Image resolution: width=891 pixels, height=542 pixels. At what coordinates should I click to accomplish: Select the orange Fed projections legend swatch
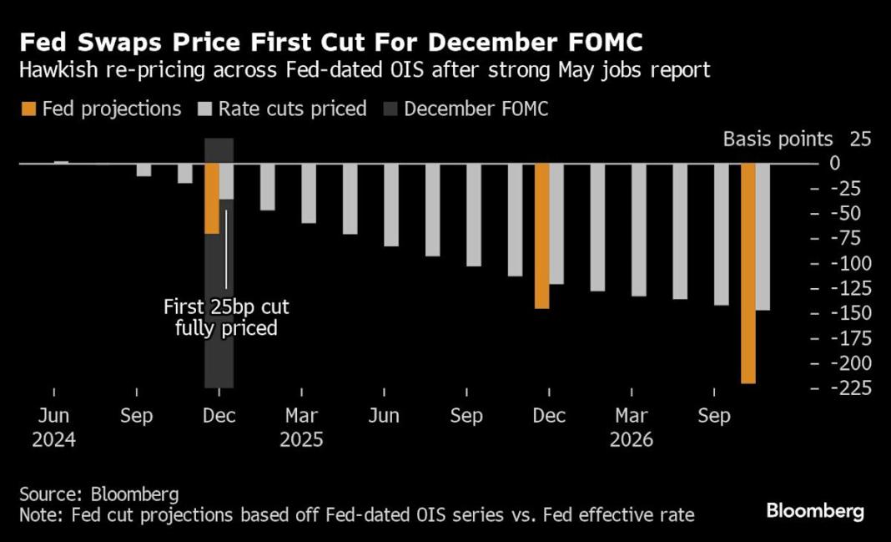point(28,109)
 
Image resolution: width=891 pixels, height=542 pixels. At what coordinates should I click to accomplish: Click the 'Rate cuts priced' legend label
point(292,109)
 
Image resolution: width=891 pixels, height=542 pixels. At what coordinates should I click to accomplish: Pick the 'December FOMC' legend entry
point(476,109)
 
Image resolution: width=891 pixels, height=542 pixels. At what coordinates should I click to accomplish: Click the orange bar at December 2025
point(542,236)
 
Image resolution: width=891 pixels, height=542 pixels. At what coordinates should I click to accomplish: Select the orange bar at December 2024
point(212,198)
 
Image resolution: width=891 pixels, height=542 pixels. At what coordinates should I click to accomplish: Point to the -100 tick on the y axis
point(842,264)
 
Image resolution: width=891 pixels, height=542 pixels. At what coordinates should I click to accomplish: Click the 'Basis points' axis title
point(778,139)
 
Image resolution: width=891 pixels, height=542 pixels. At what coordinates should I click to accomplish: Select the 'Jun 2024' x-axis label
point(53,427)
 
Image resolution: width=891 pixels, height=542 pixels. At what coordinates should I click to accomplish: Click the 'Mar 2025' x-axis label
point(301,427)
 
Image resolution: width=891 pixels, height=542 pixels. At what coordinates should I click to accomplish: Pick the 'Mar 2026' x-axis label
point(632,427)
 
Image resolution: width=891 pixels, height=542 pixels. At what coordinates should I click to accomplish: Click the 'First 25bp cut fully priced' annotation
point(226,318)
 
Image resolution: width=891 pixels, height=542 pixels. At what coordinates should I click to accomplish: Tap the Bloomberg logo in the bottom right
point(815,510)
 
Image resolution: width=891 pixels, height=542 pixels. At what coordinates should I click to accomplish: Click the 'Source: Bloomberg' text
point(98,494)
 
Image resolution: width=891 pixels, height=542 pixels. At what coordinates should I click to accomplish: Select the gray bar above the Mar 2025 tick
point(309,193)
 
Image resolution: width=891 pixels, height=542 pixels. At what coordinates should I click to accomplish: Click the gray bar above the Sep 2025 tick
point(474,215)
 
